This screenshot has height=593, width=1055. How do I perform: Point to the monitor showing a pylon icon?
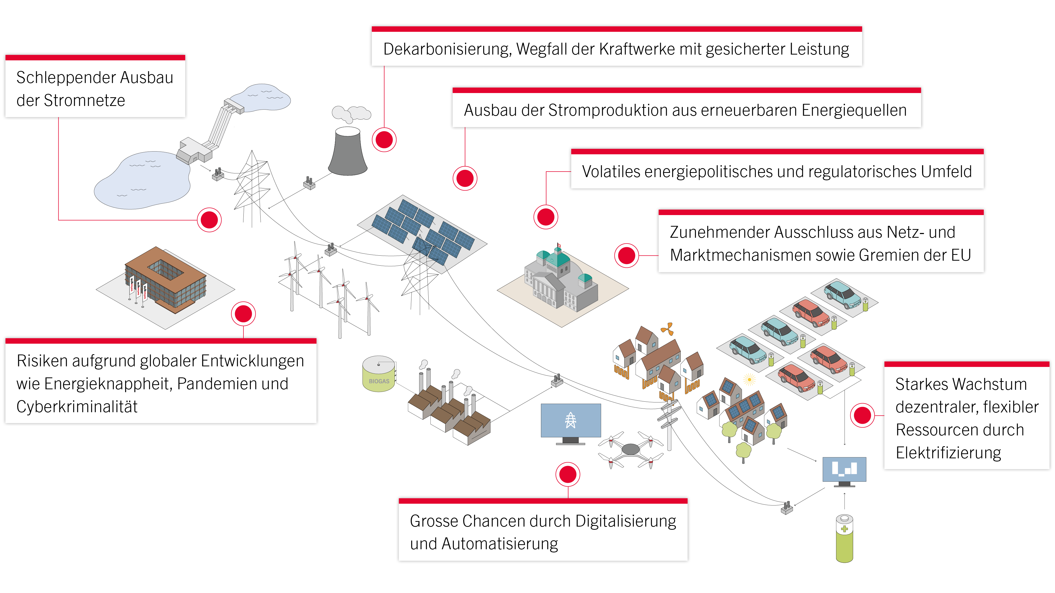[x=570, y=421]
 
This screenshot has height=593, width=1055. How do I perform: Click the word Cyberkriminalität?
[x=77, y=407]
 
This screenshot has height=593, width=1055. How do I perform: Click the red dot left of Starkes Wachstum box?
[x=862, y=415]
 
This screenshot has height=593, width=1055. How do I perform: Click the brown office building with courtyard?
[x=165, y=278]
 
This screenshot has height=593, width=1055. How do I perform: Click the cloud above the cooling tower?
[x=351, y=113]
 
